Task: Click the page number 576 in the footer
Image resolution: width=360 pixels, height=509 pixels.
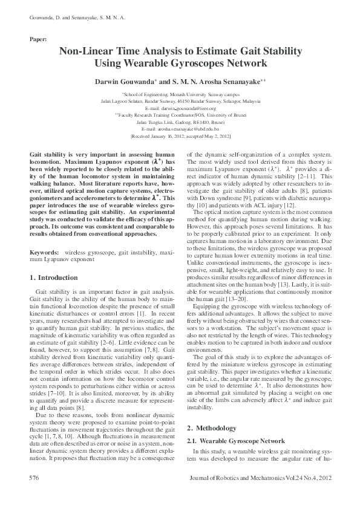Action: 34,478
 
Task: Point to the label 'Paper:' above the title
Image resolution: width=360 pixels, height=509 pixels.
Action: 38,39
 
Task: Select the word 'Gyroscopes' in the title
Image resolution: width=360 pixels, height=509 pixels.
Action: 214,63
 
